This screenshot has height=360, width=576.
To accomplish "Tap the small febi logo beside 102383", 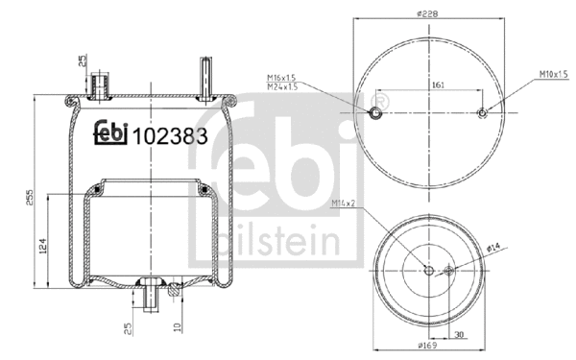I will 111,135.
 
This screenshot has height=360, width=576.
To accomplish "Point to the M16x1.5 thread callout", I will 279,78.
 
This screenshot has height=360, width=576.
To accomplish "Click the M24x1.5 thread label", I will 279,86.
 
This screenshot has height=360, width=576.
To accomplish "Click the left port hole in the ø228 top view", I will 377,114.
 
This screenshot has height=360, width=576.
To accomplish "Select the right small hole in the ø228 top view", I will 482,114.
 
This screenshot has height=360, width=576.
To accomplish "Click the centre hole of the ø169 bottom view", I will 427,270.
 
